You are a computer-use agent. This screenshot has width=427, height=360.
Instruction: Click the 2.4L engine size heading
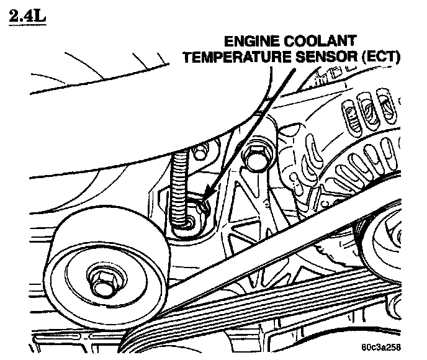point(29,14)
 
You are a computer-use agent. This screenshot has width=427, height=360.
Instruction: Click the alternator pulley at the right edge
point(398,239)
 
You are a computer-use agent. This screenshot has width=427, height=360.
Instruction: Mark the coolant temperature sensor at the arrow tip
point(200,205)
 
